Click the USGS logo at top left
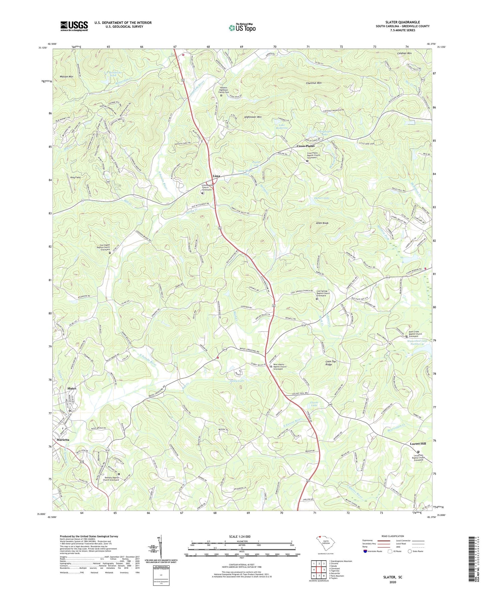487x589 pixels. (74, 26)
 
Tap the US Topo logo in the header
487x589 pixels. (242, 28)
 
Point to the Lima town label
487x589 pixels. (216, 176)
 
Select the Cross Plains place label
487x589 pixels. (305, 146)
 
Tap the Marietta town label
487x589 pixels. (63, 440)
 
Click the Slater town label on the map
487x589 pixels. (72, 389)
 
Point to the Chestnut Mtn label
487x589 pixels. (313, 83)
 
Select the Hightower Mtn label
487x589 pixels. (253, 117)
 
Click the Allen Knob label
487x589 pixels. (322, 223)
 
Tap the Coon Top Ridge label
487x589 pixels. (331, 363)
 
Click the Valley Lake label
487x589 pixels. (237, 381)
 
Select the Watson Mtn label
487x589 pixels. (66, 77)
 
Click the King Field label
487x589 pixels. (75, 177)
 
